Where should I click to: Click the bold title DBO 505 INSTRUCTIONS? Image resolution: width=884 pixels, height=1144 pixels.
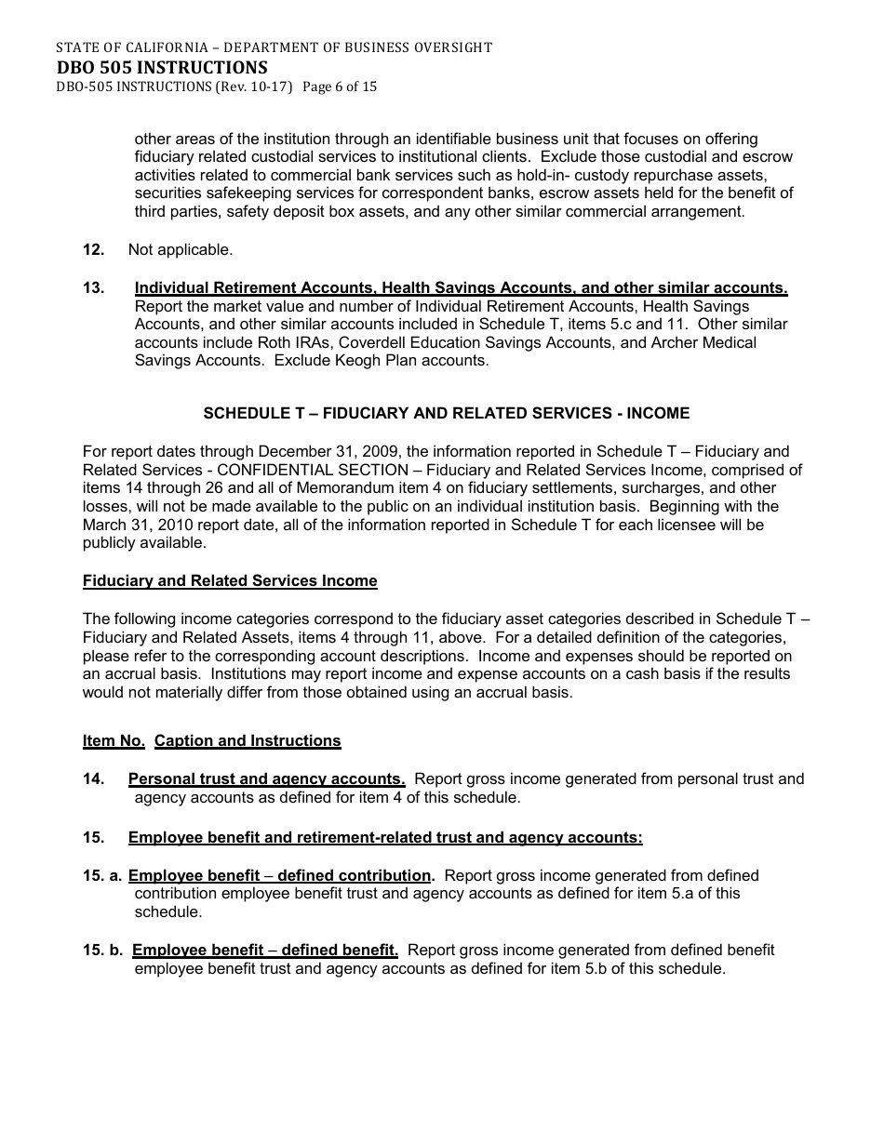161,67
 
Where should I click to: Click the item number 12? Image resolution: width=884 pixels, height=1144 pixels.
93,249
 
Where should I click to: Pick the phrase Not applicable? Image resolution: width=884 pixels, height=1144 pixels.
181,249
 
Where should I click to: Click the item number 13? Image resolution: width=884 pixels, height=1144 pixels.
93,288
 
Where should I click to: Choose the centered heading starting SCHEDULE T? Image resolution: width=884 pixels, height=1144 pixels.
447,413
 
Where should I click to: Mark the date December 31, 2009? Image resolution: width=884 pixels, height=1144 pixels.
306,452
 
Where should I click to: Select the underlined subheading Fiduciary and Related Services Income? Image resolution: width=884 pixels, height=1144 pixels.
230,581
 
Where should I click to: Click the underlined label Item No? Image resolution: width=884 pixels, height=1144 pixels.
114,741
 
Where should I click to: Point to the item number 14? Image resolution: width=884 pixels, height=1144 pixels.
93,779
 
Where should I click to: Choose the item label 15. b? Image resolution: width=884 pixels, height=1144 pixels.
102,951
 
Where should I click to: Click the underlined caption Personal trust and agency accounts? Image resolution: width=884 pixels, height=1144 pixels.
266,779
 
